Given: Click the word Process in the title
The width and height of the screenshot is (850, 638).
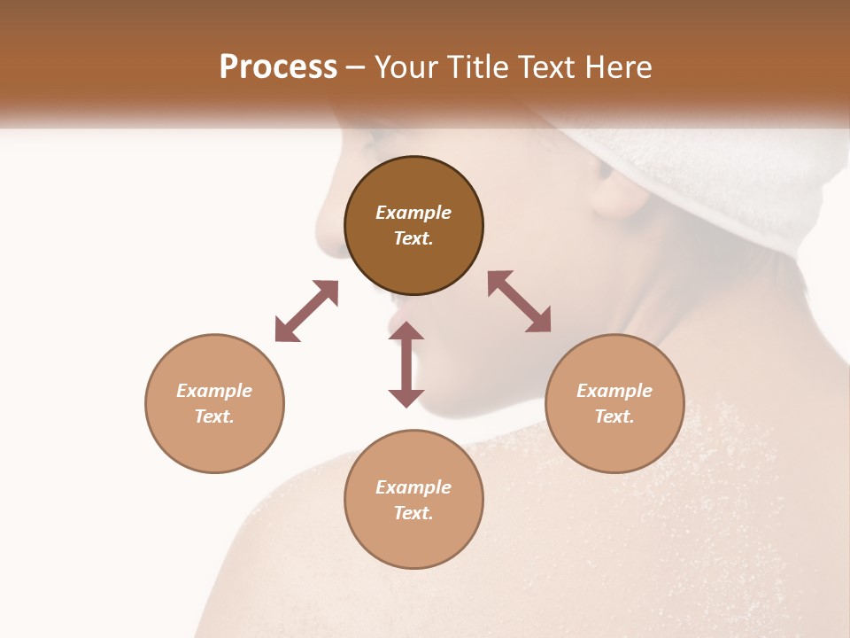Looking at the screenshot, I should (278, 67).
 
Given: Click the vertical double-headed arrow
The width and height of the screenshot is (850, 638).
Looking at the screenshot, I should (406, 364).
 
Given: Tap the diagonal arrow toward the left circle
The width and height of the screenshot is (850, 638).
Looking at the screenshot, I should (306, 311).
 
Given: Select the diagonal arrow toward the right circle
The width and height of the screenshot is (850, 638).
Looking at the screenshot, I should (520, 302).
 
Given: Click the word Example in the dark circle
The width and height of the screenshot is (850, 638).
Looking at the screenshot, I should (413, 213).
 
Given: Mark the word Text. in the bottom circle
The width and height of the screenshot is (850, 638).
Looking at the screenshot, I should (413, 513).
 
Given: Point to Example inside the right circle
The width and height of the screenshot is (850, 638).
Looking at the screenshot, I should (614, 391).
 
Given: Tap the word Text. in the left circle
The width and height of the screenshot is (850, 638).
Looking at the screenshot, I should (214, 416).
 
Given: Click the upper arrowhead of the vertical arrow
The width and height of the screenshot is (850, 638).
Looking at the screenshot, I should (406, 331).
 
